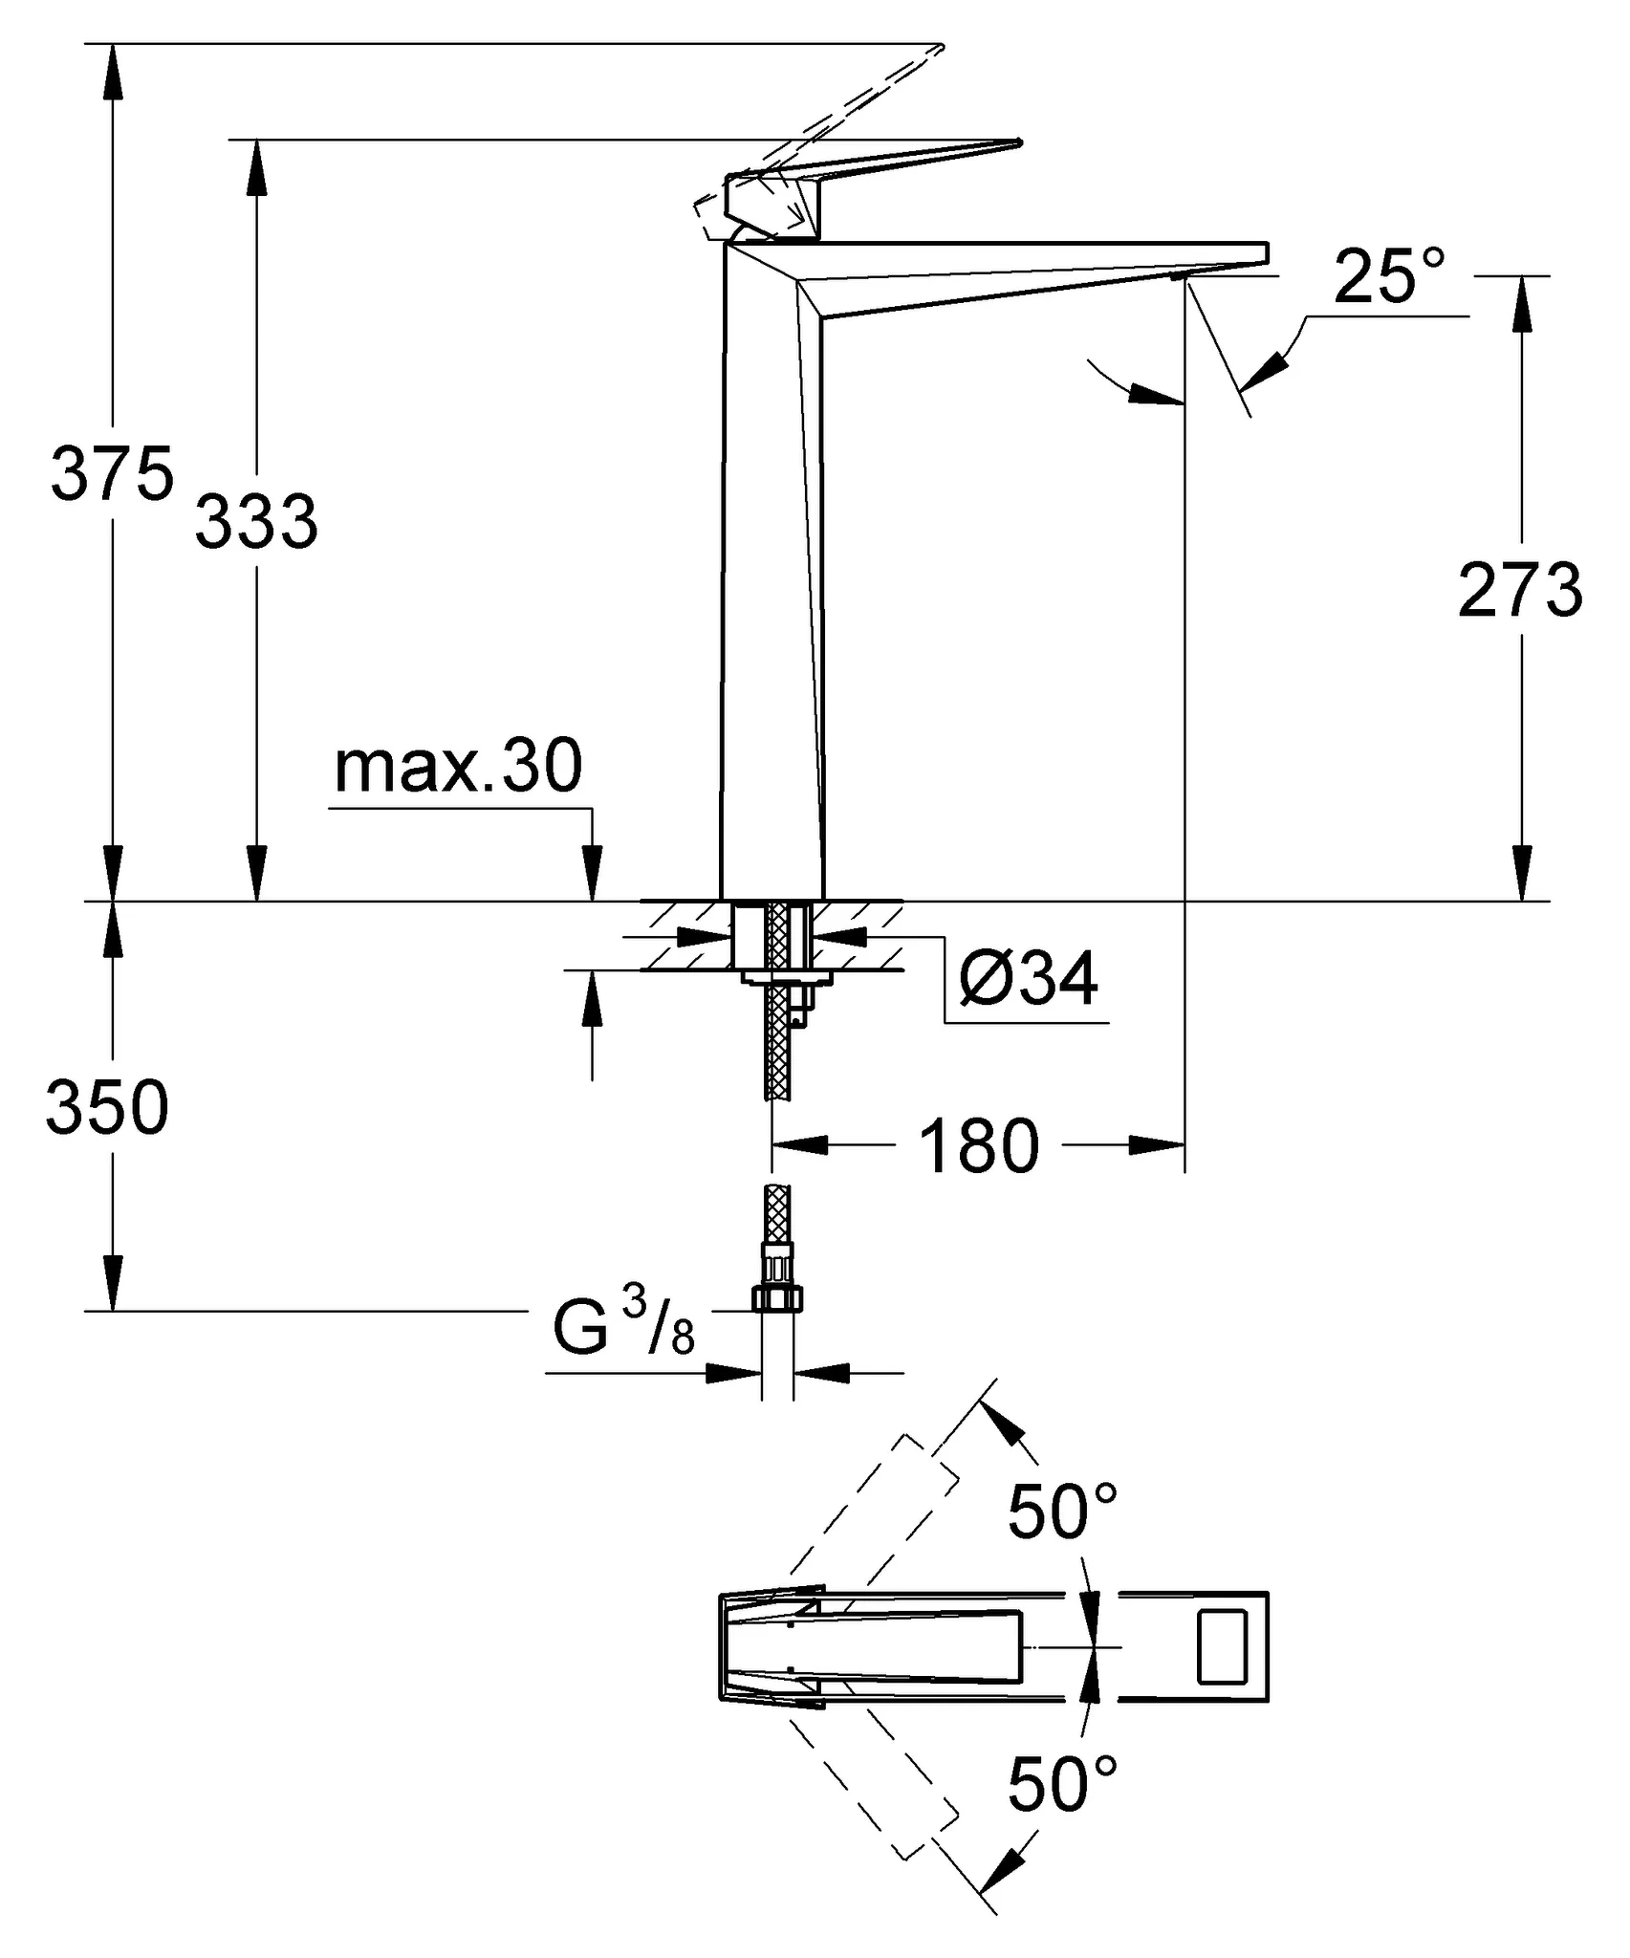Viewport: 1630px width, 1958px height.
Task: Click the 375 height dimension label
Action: [112, 473]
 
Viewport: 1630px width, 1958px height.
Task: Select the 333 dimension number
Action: [256, 522]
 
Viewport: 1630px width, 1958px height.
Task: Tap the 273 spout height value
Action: [1520, 591]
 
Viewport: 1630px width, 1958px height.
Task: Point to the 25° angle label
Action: [1389, 277]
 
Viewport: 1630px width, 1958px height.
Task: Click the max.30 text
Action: [458, 767]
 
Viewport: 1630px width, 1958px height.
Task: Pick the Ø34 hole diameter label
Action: [1028, 978]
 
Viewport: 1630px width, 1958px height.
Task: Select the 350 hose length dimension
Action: [107, 1108]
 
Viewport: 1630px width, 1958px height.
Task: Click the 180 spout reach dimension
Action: [978, 1146]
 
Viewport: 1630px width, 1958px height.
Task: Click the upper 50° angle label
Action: [1062, 1512]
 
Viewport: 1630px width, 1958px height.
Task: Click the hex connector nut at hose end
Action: [776, 1297]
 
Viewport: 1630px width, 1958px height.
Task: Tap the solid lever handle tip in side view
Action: [1017, 144]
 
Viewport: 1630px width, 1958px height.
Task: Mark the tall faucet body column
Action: [770, 574]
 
